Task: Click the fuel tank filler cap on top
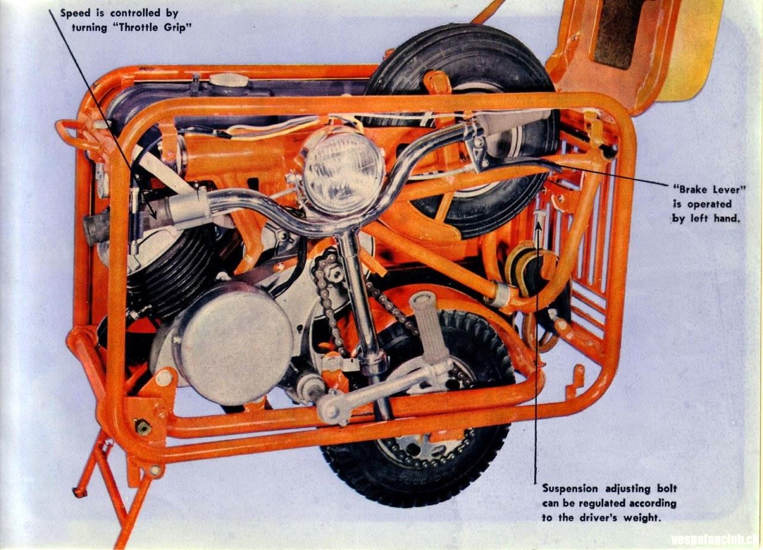point(228,79)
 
